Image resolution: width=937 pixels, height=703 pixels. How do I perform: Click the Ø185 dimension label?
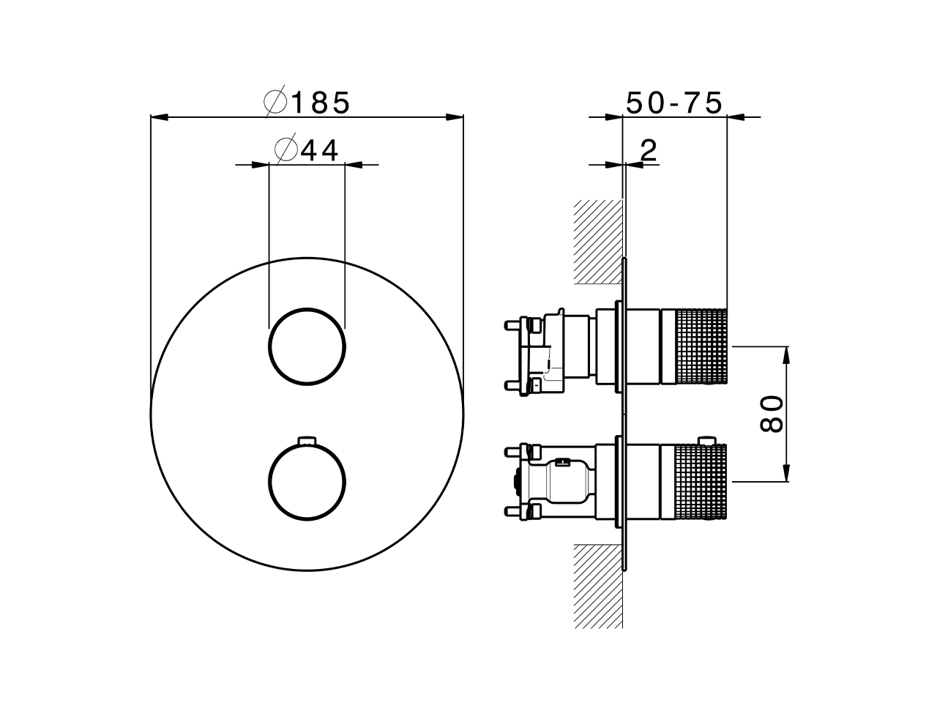coord(308,103)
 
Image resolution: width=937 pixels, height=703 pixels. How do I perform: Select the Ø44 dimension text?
coord(307,150)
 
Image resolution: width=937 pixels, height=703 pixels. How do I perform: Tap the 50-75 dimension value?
coord(673,103)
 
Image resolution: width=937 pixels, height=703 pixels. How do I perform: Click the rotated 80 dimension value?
coord(772,414)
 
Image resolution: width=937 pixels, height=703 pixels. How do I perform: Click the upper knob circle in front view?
coord(307,346)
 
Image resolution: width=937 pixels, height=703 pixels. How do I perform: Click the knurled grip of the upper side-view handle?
coord(701,346)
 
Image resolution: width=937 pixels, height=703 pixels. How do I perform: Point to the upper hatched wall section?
coord(597,242)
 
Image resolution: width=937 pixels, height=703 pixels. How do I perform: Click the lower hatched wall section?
coord(597,586)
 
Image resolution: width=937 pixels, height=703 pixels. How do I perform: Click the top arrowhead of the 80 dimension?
coord(787,355)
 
